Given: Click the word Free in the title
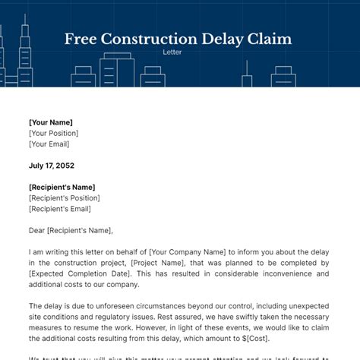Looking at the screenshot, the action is click(x=83, y=39).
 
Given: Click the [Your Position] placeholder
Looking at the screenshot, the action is click(x=54, y=133).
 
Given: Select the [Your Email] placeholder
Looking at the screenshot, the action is click(x=50, y=144).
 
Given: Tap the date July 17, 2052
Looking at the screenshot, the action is click(x=51, y=166).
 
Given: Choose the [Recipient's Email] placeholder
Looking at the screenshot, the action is click(x=59, y=209).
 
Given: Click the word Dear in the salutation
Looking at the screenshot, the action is click(x=38, y=231).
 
